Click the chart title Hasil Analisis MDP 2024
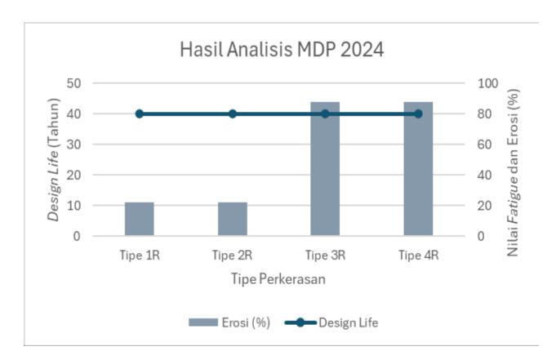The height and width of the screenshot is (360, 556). click(282, 49)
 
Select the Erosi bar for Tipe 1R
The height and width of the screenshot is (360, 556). click(140, 219)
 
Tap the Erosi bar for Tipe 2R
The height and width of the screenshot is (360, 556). click(232, 219)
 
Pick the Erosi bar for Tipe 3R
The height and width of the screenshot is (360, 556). click(325, 169)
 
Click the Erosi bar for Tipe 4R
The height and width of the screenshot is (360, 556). click(418, 169)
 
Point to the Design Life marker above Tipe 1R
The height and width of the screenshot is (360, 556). click(140, 113)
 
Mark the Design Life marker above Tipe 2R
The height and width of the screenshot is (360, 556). click(232, 113)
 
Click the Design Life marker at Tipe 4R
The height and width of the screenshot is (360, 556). click(418, 113)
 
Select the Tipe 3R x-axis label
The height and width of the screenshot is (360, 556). click(325, 256)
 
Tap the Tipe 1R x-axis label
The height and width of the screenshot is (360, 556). click(140, 256)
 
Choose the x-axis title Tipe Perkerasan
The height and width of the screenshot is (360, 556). click(278, 279)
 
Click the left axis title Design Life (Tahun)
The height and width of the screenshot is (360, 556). click(54, 160)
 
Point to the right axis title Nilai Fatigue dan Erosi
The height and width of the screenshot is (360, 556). click(513, 172)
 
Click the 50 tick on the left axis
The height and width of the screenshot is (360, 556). click(73, 84)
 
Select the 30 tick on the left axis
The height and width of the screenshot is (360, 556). click(73, 144)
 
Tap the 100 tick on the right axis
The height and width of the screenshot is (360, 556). click(488, 84)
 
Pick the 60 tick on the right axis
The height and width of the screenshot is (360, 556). click(484, 144)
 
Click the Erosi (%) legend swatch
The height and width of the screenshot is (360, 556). click(203, 322)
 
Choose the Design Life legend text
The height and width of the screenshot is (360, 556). click(348, 322)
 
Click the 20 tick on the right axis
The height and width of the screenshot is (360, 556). click(484, 206)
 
